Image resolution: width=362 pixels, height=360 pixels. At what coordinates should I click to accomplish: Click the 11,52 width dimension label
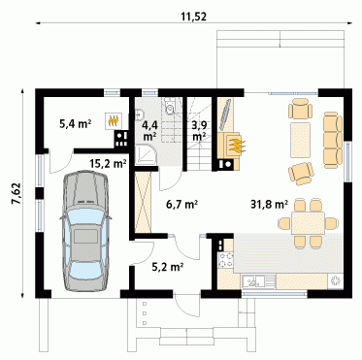(193, 16)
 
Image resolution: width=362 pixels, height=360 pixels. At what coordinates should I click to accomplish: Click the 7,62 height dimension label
(16, 193)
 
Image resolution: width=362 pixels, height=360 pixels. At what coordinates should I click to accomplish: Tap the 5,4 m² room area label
(75, 123)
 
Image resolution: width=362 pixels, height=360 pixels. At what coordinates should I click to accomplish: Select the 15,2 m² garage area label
(108, 164)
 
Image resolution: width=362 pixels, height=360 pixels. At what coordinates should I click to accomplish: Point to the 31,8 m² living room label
(270, 204)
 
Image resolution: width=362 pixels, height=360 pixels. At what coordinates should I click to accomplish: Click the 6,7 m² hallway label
(181, 204)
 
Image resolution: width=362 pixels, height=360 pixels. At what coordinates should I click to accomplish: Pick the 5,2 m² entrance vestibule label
(168, 267)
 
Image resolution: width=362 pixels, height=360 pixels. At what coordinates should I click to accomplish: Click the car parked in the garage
(85, 231)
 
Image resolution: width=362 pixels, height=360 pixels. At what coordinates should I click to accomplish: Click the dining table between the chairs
(308, 223)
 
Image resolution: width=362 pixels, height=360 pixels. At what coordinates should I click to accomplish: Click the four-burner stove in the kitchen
(226, 260)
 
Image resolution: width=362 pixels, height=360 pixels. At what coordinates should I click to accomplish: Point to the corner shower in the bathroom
(146, 155)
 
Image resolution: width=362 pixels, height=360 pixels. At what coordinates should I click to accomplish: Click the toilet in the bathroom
(170, 107)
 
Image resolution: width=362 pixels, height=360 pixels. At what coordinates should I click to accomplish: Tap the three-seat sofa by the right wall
(333, 140)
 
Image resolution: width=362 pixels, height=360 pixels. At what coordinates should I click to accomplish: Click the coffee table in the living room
(301, 140)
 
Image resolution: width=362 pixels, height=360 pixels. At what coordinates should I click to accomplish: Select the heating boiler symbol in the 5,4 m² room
(114, 121)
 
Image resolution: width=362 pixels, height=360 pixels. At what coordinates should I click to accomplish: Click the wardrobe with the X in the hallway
(143, 203)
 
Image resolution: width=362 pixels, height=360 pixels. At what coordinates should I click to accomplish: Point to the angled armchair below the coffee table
(301, 174)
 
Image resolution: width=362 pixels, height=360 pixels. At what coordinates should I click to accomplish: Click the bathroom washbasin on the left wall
(140, 114)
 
